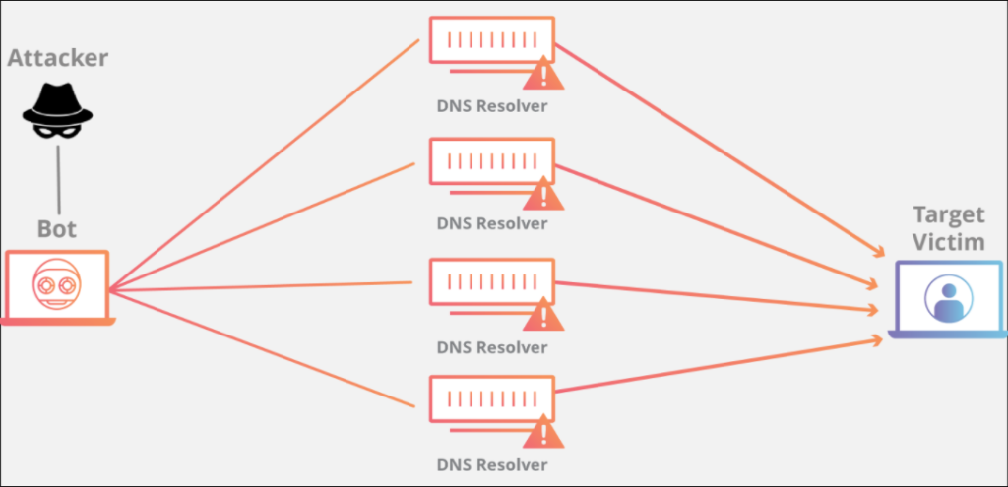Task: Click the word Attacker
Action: pos(58,58)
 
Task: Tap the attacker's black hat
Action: pos(58,106)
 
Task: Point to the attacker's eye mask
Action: pos(58,131)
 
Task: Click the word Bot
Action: pos(57,229)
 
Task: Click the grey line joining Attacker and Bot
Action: pos(58,179)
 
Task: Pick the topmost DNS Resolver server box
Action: pos(492,39)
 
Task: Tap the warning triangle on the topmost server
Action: pos(543,73)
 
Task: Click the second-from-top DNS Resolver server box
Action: pos(492,160)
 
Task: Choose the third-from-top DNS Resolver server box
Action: pos(492,281)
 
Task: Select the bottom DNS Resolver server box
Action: pos(492,399)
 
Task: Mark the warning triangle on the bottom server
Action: pos(543,432)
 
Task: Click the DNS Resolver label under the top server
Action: pos(492,105)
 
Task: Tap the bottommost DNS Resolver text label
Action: pos(492,464)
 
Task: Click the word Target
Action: pos(949,215)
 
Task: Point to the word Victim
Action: pos(949,242)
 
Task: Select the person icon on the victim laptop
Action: pos(948,299)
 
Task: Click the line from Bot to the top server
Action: pos(264,165)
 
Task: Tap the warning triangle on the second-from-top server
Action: pos(543,194)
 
